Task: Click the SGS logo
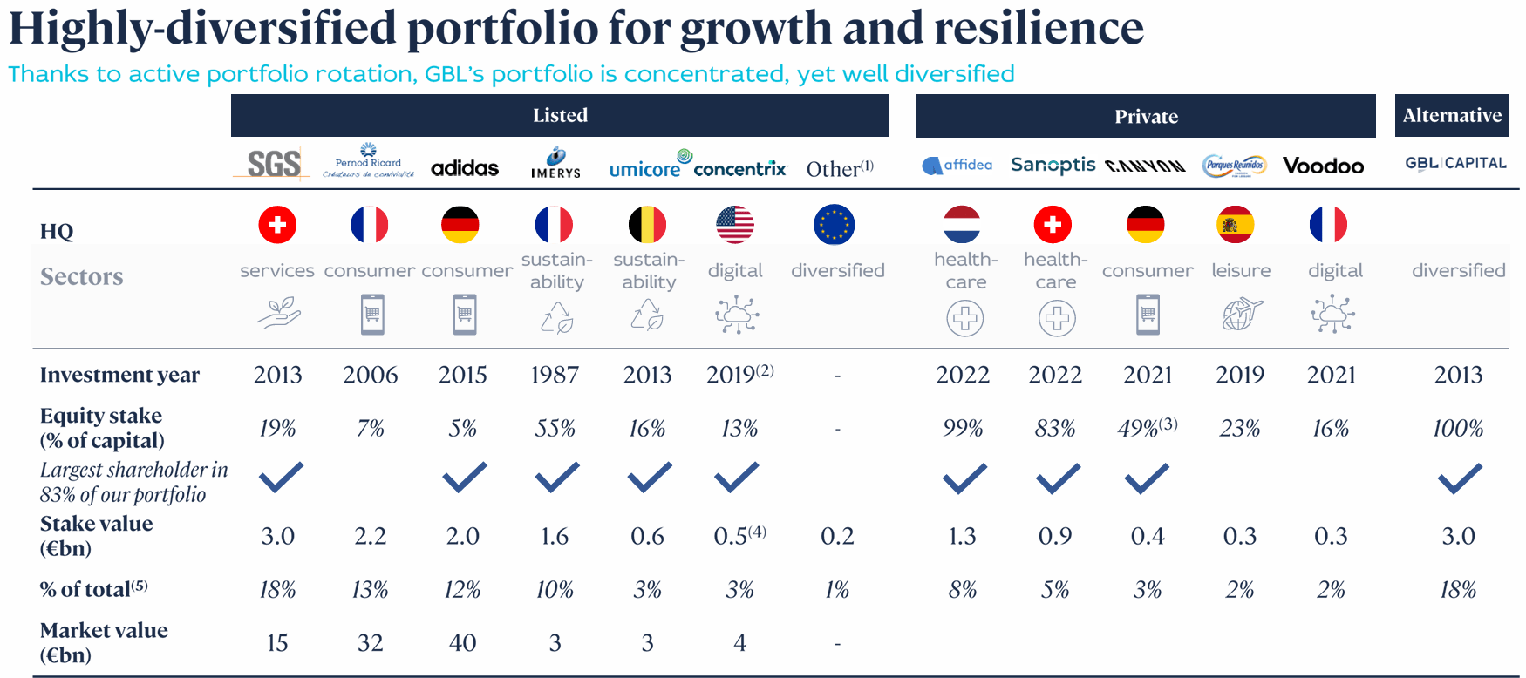coord(273,163)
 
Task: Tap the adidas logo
coord(465,167)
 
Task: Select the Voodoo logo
coord(1323,166)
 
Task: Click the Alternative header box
coord(1451,115)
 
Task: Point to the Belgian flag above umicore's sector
coord(647,225)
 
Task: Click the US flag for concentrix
coord(735,225)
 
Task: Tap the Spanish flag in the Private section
coord(1235,225)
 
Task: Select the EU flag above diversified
coord(834,225)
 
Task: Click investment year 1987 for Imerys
coord(555,375)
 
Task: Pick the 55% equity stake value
coord(555,428)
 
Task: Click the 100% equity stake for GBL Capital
coord(1457,428)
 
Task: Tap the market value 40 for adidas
coord(462,643)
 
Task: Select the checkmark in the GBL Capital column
coord(1459,478)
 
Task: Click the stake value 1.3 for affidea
coord(962,536)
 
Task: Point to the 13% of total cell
coord(370,590)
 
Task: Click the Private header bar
coord(1145,116)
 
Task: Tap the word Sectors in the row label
coord(82,276)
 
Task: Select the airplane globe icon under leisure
coord(1242,315)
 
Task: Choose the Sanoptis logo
coord(1053,165)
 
